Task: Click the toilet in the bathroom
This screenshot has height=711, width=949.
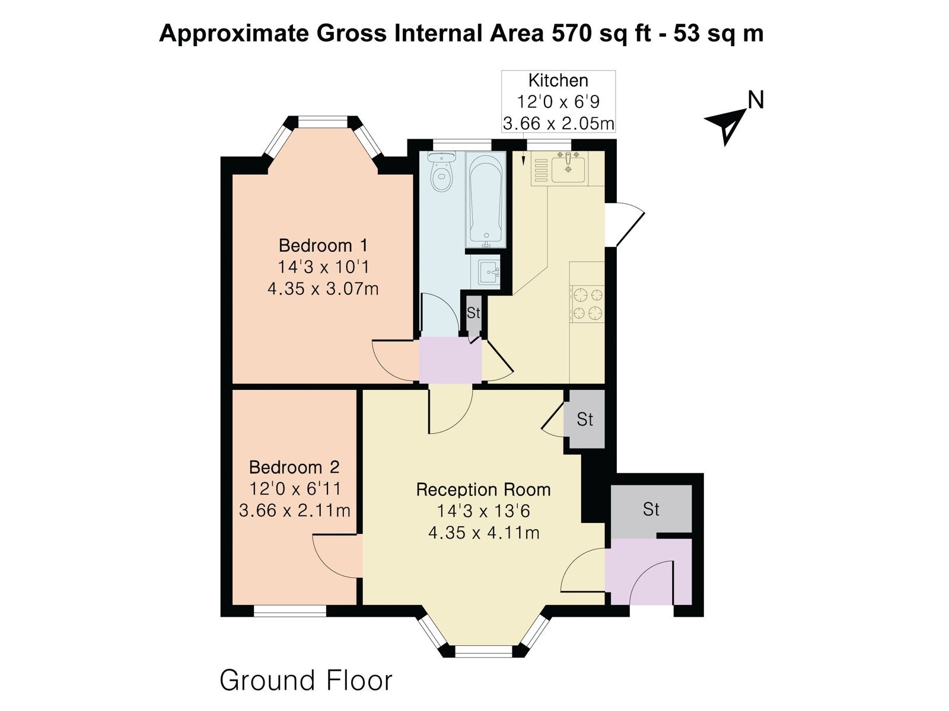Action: [441, 171]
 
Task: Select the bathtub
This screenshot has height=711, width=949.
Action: [486, 200]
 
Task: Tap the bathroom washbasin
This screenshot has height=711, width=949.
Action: [489, 272]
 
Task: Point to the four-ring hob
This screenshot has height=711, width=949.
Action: [587, 303]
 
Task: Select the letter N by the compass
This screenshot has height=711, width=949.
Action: [756, 100]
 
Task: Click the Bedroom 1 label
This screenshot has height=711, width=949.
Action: [323, 246]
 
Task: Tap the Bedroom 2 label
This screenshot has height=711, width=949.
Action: [294, 467]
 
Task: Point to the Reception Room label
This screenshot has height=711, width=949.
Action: [483, 489]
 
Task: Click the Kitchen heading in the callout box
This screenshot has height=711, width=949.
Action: [558, 81]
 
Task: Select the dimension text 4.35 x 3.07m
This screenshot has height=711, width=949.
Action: [323, 289]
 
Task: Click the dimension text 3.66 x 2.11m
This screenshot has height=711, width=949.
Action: [294, 510]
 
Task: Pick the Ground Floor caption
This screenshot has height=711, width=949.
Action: [305, 680]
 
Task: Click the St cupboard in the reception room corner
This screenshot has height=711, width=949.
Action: [584, 419]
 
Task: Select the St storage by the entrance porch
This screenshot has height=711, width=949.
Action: [651, 510]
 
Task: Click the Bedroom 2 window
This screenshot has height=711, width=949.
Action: [289, 610]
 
